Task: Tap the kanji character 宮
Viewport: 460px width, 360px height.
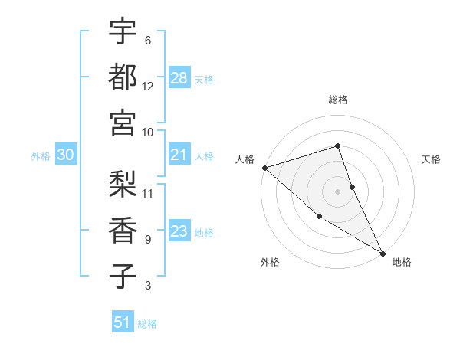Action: pyautogui.click(x=123, y=123)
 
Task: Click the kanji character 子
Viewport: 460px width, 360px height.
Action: pyautogui.click(x=123, y=277)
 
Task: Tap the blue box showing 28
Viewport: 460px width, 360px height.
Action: pyautogui.click(x=179, y=78)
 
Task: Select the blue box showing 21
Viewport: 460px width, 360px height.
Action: pyautogui.click(x=179, y=155)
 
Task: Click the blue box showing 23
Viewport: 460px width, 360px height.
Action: pyautogui.click(x=179, y=232)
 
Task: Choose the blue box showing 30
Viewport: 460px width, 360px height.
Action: pyautogui.click(x=65, y=155)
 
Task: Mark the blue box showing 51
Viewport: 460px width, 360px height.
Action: pyautogui.click(x=123, y=323)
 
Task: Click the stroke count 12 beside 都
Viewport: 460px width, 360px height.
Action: pyautogui.click(x=148, y=86)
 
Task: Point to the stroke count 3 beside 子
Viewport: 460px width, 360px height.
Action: pyautogui.click(x=148, y=286)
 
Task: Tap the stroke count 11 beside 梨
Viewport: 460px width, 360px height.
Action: pyautogui.click(x=148, y=192)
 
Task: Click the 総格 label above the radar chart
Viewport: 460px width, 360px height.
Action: pyautogui.click(x=337, y=100)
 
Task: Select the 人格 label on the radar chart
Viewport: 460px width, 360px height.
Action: pyautogui.click(x=245, y=159)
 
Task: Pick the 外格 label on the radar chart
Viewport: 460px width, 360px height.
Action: pyautogui.click(x=270, y=262)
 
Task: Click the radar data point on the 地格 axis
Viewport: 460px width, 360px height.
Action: pyautogui.click(x=383, y=253)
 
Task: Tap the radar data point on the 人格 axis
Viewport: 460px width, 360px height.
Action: pyautogui.click(x=264, y=167)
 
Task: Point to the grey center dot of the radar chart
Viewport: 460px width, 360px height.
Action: pyautogui.click(x=337, y=191)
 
